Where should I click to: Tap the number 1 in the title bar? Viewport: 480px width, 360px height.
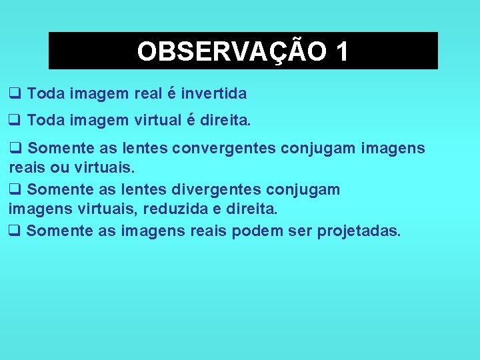coord(341,51)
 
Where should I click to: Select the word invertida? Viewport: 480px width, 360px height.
coord(214,93)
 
